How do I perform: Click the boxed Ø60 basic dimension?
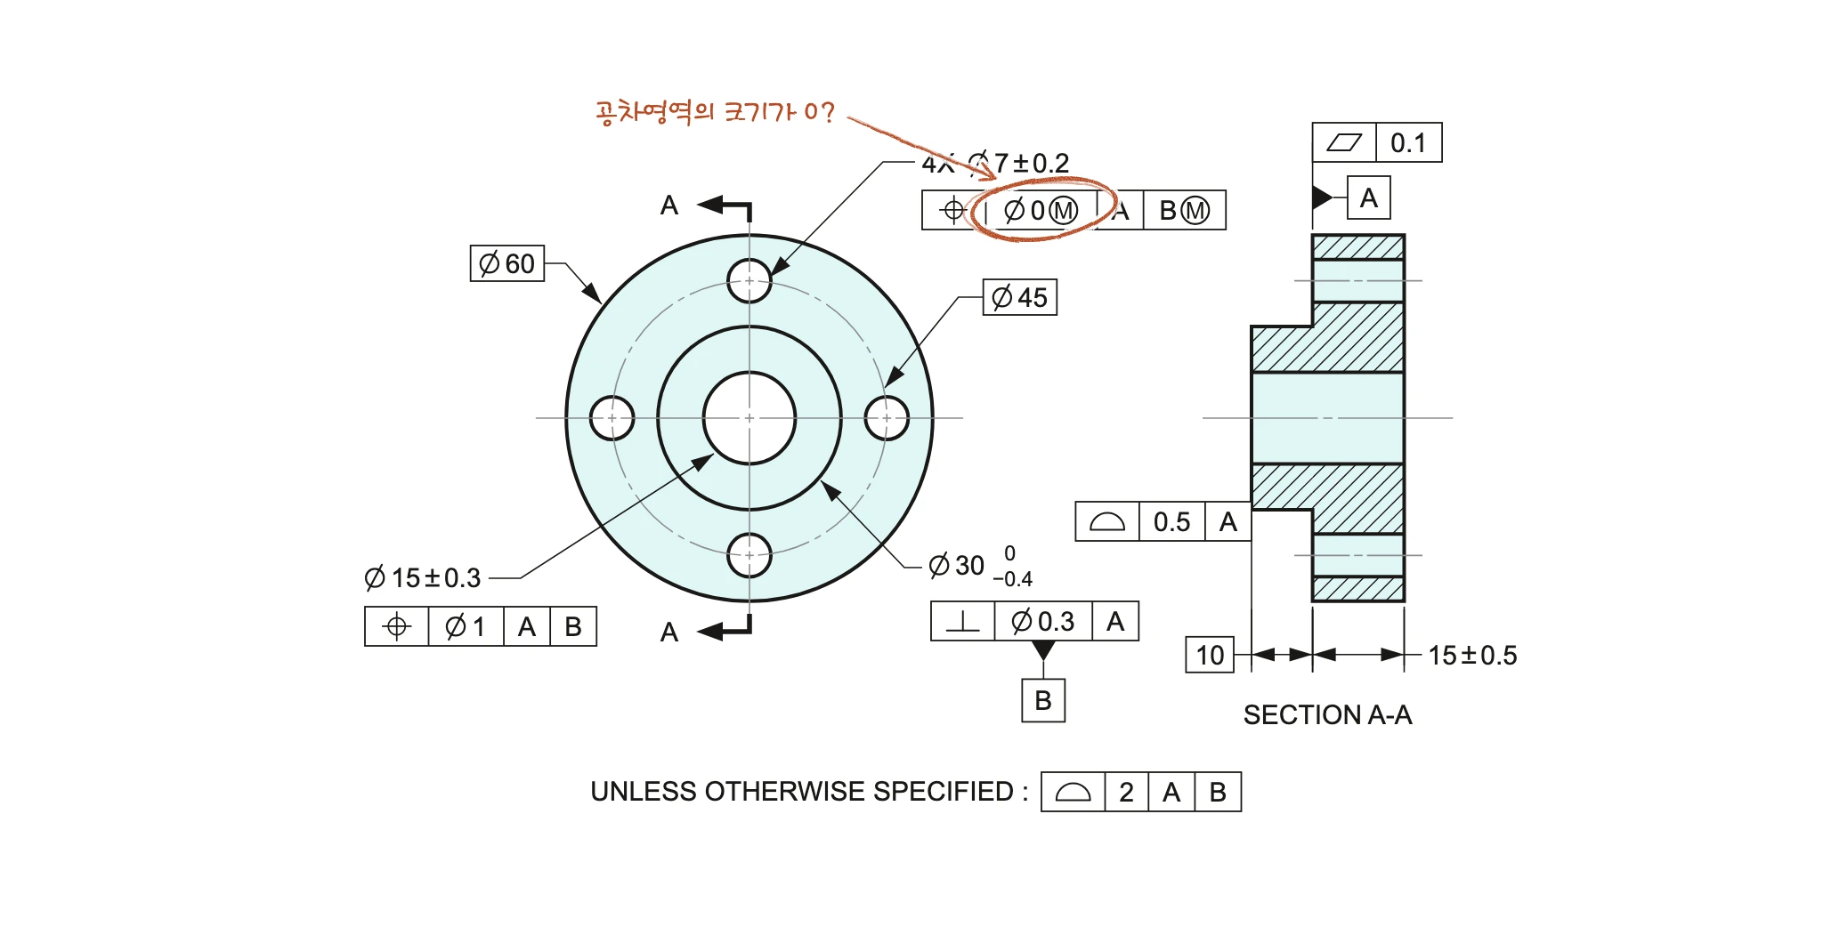(x=507, y=263)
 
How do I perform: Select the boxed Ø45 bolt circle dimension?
(x=1020, y=297)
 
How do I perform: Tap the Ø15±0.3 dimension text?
(x=423, y=578)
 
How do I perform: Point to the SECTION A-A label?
(x=1327, y=715)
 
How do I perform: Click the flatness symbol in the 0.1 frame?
(x=1344, y=142)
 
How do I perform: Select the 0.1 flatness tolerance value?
(x=1408, y=142)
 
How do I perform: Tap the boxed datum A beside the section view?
(x=1369, y=197)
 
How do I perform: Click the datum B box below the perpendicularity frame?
(x=1043, y=701)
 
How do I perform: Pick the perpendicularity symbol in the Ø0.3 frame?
(x=962, y=621)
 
